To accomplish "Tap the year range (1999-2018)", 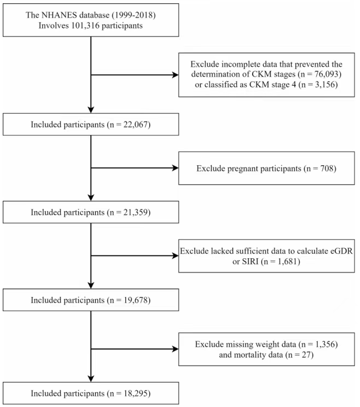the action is coord(133,15).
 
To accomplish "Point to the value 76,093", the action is coord(326,74).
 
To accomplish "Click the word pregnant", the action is coord(243,168).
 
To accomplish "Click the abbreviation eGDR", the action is coord(341,251).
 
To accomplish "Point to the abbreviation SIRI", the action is coord(250,261).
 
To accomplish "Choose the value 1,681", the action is coord(287,261).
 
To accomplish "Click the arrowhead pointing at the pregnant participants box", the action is coord(176,168).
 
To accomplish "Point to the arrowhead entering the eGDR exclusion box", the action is coord(176,256).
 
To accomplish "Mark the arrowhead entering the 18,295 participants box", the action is coord(91,379).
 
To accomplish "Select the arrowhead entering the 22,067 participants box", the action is coord(91,110).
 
